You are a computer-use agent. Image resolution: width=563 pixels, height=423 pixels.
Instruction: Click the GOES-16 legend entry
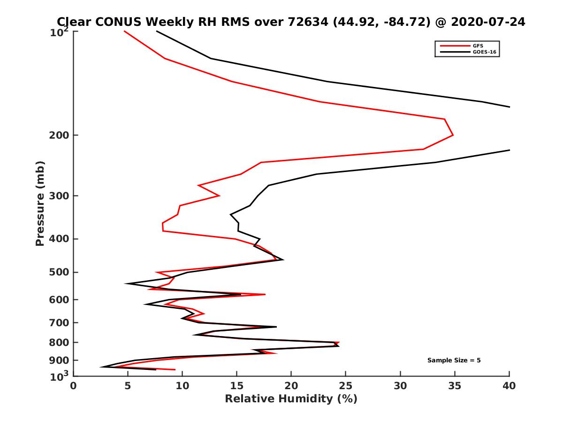(484, 52)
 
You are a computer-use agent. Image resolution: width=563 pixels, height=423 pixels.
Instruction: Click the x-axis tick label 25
(346, 386)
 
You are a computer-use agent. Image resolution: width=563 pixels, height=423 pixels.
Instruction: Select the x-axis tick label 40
(509, 386)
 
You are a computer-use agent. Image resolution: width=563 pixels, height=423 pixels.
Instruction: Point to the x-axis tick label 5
(128, 386)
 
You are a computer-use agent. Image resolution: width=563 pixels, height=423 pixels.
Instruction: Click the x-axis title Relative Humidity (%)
(291, 399)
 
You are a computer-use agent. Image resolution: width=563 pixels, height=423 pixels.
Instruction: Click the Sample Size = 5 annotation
(454, 360)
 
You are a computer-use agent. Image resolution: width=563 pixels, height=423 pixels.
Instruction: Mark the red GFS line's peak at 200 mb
(453, 135)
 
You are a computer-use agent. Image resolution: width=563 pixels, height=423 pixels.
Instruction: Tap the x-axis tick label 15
(237, 386)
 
